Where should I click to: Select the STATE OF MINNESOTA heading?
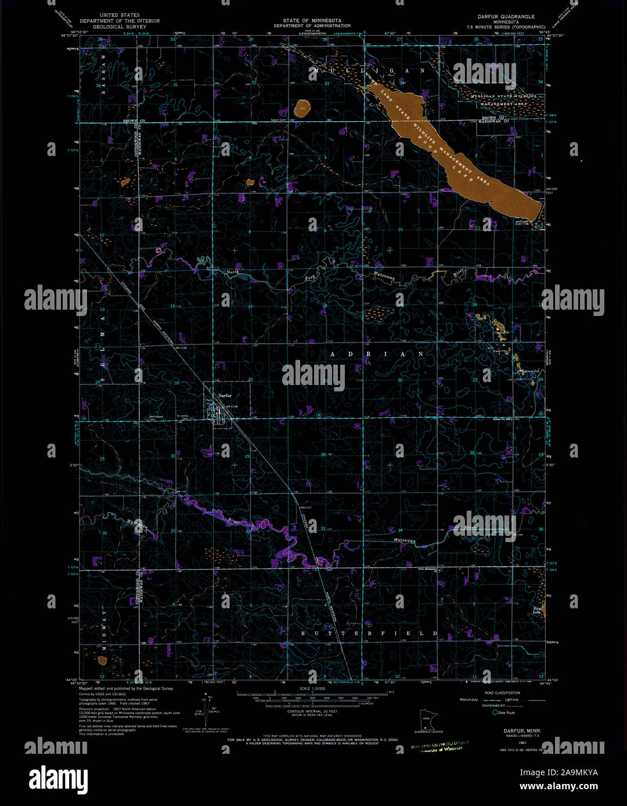pos(312,21)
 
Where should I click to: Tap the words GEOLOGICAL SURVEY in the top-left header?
pos(120,27)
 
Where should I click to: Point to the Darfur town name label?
pos(225,395)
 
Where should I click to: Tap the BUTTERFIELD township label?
pos(369,634)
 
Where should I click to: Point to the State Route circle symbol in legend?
pos(495,713)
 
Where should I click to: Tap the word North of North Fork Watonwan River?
pos(232,271)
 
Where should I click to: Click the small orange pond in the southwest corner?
pos(102,660)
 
